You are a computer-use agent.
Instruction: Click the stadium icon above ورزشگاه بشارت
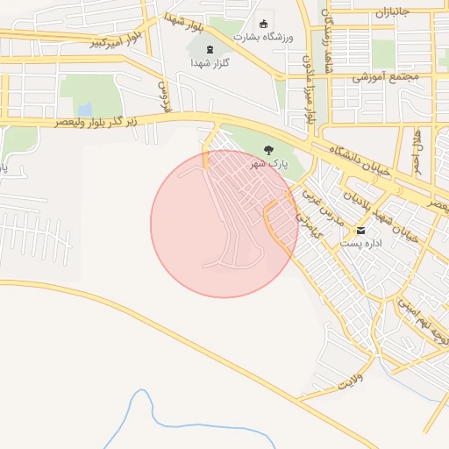click(263, 24)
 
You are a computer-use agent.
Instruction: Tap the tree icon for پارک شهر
click(268, 150)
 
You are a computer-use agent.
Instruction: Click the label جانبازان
click(399, 13)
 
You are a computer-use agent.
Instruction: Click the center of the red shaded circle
click(224, 224)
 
